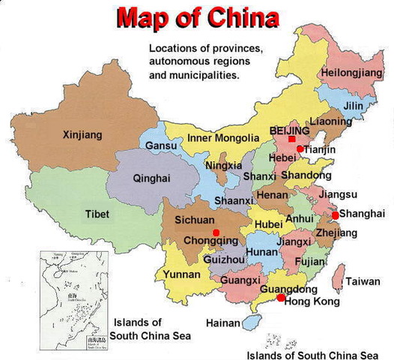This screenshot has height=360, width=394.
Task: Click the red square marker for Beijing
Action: [291, 139]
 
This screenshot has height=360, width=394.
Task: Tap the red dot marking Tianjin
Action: [300, 149]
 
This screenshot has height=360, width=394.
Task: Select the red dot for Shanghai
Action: [335, 215]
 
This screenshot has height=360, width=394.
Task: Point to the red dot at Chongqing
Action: [216, 232]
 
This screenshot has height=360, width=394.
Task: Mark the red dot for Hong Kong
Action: [280, 298]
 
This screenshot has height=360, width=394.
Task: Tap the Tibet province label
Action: [97, 214]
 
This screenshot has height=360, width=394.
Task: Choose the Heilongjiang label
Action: [350, 73]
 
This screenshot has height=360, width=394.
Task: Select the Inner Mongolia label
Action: [213, 138]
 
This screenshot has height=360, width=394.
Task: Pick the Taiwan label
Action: [363, 282]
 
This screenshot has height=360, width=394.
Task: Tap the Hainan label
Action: [225, 323]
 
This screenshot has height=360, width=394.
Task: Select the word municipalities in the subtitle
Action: [204, 76]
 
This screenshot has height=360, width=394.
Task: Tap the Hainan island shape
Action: [252, 322]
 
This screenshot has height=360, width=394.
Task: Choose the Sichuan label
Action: [195, 220]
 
